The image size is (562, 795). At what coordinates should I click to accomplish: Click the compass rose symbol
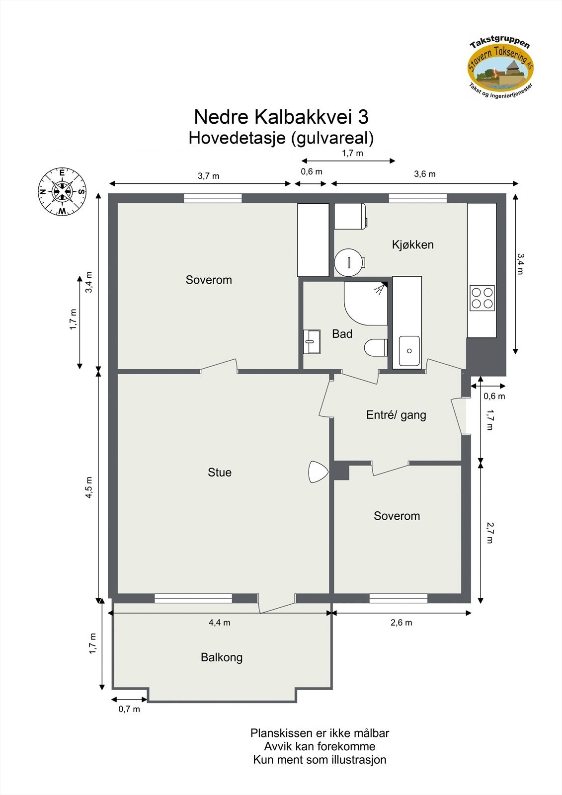[62, 192]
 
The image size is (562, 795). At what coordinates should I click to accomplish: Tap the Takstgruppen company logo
[501, 67]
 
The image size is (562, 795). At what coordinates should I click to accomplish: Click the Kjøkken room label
[412, 244]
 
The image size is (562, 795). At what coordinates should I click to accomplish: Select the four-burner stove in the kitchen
[482, 298]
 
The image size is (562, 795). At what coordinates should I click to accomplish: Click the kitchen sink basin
[409, 351]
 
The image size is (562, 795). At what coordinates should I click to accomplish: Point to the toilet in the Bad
[376, 347]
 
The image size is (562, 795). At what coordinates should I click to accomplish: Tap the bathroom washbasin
[312, 341]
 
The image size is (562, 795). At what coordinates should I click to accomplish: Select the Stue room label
[220, 473]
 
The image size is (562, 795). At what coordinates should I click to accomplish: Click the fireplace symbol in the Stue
[316, 472]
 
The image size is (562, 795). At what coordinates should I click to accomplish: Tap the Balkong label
[222, 657]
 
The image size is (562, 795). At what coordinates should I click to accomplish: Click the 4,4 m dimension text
[219, 623]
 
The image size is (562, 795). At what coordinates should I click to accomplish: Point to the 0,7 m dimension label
[129, 709]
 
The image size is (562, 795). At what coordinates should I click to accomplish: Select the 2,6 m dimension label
[401, 623]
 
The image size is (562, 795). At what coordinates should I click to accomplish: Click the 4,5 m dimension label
[89, 487]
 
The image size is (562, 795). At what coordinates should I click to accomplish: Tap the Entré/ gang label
[396, 415]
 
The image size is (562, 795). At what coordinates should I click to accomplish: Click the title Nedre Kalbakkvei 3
[281, 117]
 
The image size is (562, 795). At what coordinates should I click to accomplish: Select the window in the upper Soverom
[213, 198]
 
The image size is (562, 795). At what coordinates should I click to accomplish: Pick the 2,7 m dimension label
[489, 532]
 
